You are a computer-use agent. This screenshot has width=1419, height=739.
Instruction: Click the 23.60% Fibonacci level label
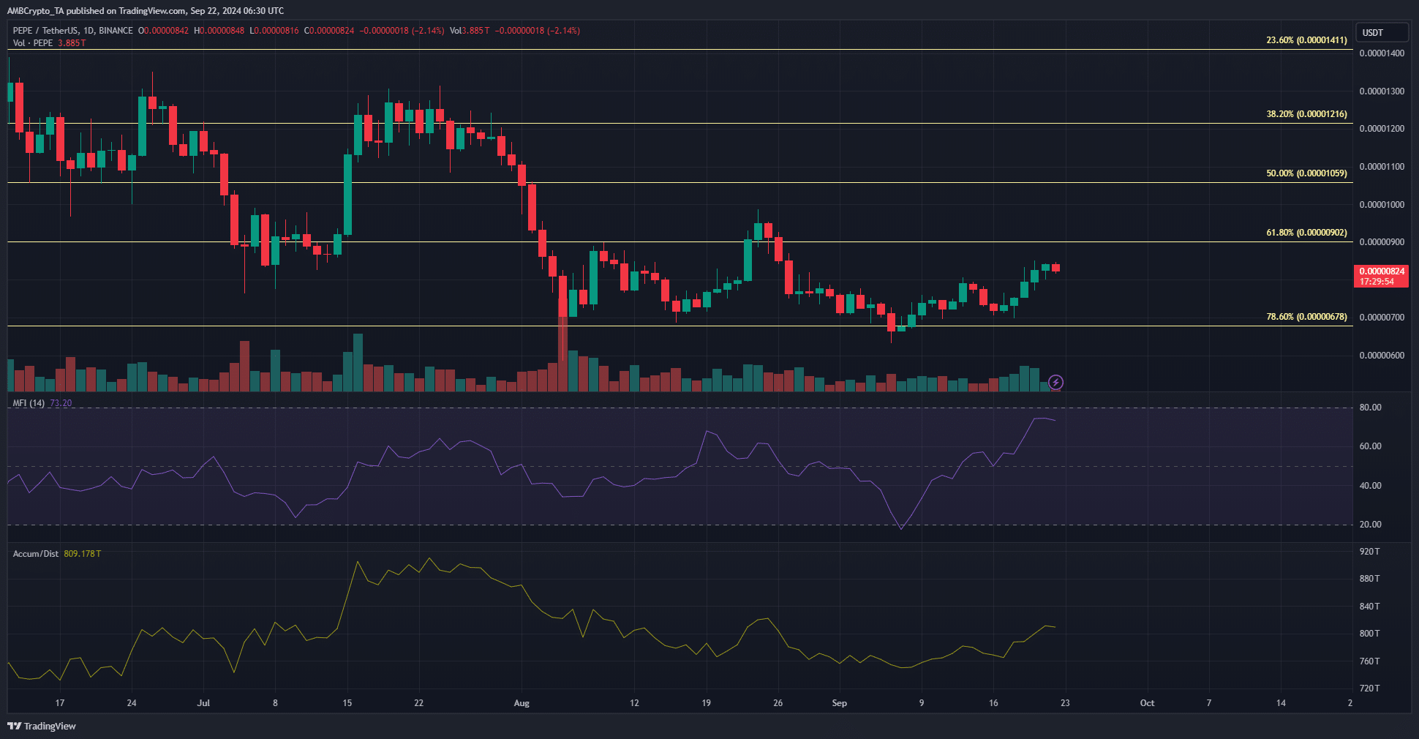pyautogui.click(x=1306, y=40)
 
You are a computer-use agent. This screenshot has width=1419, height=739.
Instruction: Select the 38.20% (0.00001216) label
pyautogui.click(x=1306, y=114)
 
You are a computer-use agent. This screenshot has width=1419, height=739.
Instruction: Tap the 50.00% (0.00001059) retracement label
pyautogui.click(x=1306, y=173)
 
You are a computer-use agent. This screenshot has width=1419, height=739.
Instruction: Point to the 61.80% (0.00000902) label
pyautogui.click(x=1306, y=233)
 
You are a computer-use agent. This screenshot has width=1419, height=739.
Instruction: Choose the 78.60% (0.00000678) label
pyautogui.click(x=1306, y=317)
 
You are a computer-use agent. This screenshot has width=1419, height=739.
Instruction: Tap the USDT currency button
pyautogui.click(x=1381, y=32)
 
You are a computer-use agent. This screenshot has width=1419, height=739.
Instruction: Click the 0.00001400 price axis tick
pyautogui.click(x=1381, y=53)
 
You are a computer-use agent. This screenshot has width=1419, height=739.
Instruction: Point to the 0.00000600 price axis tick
pyautogui.click(x=1381, y=356)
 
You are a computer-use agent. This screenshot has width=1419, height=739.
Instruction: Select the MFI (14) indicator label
pyautogui.click(x=29, y=403)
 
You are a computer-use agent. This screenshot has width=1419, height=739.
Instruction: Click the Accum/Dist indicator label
pyautogui.click(x=36, y=554)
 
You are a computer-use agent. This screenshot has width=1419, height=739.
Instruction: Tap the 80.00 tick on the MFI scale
pyautogui.click(x=1370, y=408)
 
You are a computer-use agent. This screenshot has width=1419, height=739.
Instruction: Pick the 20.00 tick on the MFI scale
pyautogui.click(x=1370, y=525)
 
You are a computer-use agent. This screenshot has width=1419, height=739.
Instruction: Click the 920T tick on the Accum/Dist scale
pyautogui.click(x=1369, y=552)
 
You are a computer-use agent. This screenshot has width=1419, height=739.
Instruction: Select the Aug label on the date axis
pyautogui.click(x=522, y=703)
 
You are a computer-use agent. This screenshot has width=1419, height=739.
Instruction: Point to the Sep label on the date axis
pyautogui.click(x=839, y=703)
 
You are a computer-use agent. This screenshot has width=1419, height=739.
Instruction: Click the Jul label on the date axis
pyautogui.click(x=203, y=703)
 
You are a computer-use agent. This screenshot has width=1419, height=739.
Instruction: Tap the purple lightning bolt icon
pyautogui.click(x=1055, y=382)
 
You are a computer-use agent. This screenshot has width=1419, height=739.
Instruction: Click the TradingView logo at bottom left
pyautogui.click(x=42, y=726)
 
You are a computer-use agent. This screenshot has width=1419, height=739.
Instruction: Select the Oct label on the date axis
pyautogui.click(x=1147, y=703)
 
